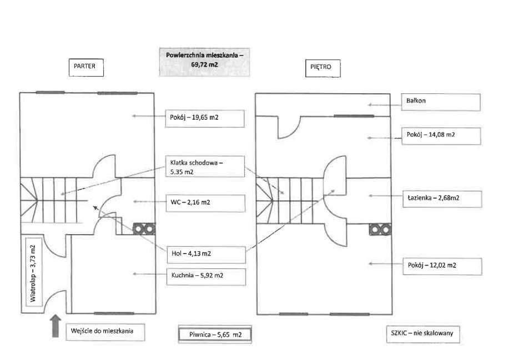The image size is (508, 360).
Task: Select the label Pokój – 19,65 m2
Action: pyautogui.click(x=205, y=118)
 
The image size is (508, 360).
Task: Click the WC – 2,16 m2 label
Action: pyautogui.click(x=205, y=202)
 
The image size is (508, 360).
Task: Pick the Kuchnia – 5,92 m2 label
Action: pyautogui.click(x=205, y=275)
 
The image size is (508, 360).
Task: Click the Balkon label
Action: pyautogui.click(x=440, y=102)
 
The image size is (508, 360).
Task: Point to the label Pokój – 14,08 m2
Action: pyautogui.click(x=440, y=135)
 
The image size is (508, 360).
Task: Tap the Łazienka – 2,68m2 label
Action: pyautogui.click(x=440, y=197)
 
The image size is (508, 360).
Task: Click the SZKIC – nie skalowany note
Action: pyautogui.click(x=422, y=334)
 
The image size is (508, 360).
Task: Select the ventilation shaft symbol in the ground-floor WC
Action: pyautogui.click(x=144, y=228)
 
